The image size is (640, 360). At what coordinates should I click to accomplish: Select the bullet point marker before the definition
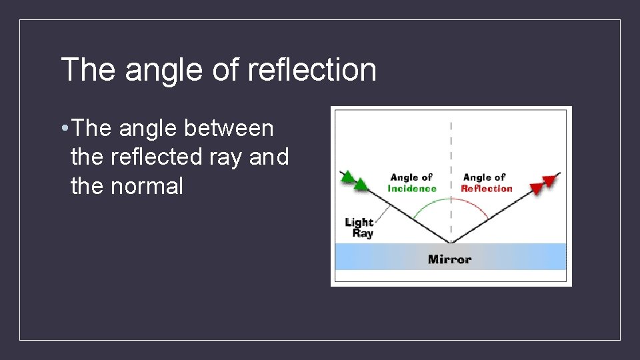pos(62,128)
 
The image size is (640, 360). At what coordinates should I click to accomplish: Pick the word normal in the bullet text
pos(146,187)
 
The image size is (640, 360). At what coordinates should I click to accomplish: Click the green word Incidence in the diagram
pos(412,189)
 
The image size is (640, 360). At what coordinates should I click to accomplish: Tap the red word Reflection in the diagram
pos(486,189)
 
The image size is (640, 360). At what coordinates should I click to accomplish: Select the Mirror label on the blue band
pos(449,259)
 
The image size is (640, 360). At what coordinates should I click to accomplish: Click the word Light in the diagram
pos(359,222)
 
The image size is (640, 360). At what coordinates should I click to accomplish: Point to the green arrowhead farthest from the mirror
pos(347,177)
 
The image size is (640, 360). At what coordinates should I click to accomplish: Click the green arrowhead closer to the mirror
pos(361,184)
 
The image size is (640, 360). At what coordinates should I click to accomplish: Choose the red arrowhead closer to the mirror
pos(535,188)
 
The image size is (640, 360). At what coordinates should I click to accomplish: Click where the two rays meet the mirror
pos(451,242)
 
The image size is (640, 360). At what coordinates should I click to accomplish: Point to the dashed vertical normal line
pos(451,153)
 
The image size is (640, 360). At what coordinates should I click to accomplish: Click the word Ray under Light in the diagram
pos(363,233)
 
